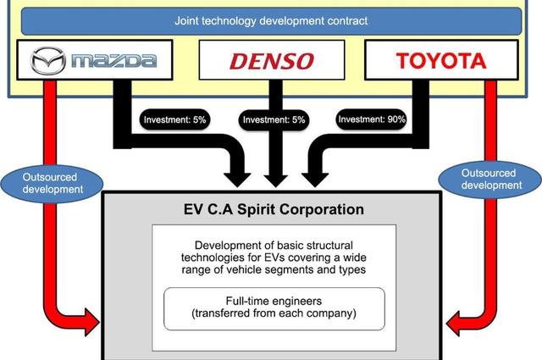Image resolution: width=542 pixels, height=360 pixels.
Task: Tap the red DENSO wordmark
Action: click(x=271, y=60)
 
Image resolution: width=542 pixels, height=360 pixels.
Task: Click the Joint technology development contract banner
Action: click(x=270, y=19)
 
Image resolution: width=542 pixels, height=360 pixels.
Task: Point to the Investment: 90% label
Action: click(x=372, y=119)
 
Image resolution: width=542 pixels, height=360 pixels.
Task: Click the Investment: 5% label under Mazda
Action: click(x=175, y=119)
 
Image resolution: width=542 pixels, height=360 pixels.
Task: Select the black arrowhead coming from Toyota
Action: click(x=312, y=176)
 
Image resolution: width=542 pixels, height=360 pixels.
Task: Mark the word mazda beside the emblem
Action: click(x=113, y=60)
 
